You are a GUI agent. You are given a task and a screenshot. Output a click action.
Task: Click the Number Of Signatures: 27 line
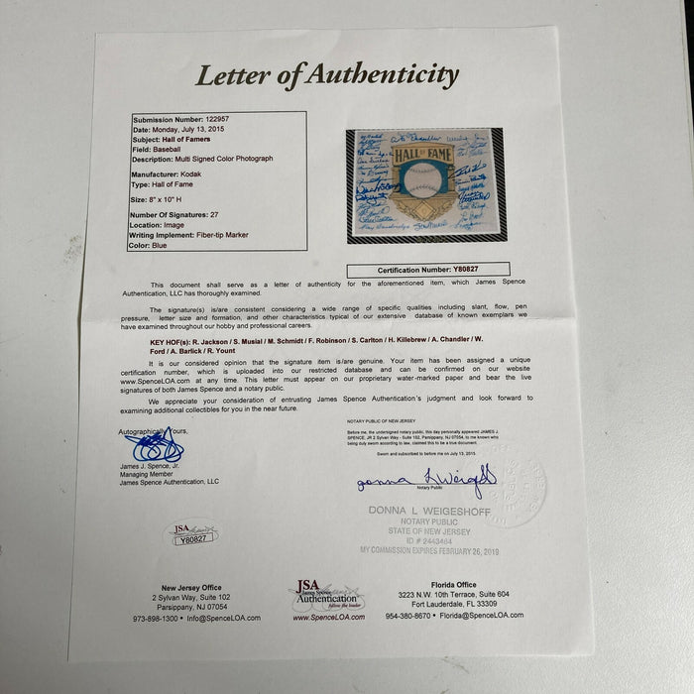(178, 215)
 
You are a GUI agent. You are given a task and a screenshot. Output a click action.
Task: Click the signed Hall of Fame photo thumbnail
(426, 185)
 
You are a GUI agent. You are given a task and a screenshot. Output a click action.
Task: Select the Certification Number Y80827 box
(428, 269)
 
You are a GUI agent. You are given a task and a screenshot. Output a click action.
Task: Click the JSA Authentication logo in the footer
(326, 595)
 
